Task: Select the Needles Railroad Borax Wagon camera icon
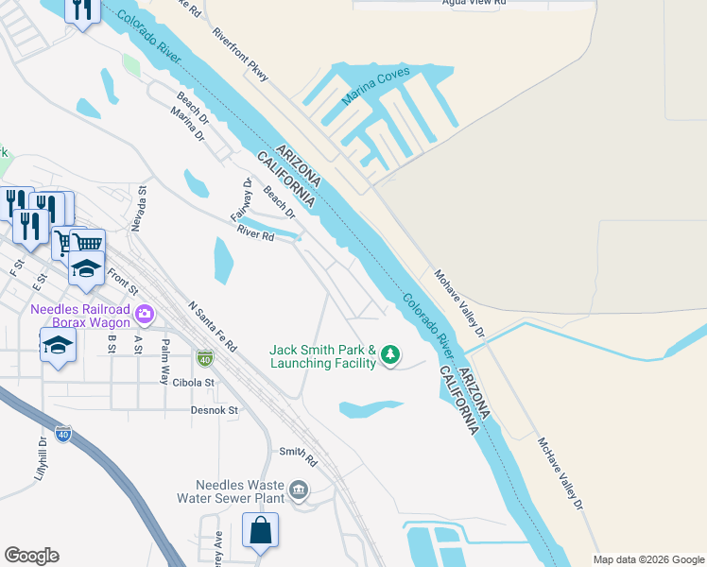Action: (145, 313)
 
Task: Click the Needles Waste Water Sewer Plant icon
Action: (299, 490)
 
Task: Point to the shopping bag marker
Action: (260, 530)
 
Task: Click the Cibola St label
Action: (195, 383)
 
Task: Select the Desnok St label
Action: (215, 411)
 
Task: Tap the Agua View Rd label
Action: (474, 3)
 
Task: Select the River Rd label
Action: (255, 233)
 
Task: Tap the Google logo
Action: (31, 556)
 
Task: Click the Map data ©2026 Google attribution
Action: (648, 559)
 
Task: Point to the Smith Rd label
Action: (297, 456)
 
